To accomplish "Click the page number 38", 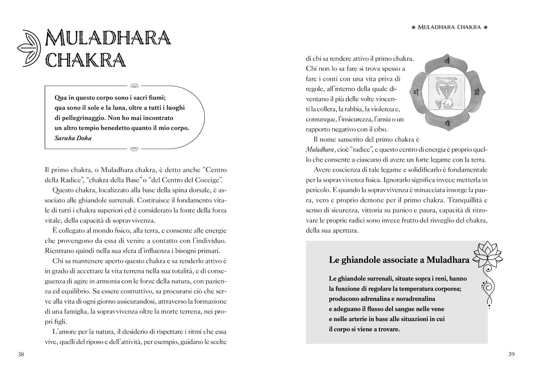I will [21, 355].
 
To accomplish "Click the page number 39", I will [511, 355].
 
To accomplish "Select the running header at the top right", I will [449, 27].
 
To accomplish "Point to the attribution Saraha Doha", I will [73, 138].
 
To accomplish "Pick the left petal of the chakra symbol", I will [417, 92].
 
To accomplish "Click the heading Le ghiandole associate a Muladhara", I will [399, 260].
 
